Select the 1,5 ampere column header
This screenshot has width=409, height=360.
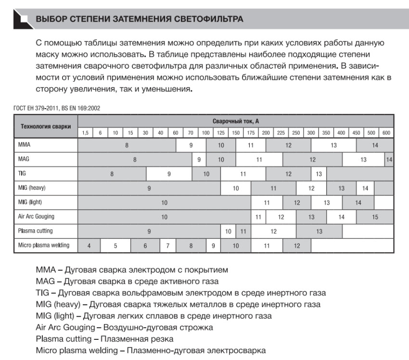pos(85,133)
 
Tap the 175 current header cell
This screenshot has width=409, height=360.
pos(251,133)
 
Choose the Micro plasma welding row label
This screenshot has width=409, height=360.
pos(44,245)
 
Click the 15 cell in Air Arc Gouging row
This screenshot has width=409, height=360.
pos(375,217)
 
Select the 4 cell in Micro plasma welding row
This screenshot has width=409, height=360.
pos(89,246)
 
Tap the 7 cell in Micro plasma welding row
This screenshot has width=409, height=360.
pos(167,246)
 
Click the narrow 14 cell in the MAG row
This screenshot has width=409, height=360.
pos(389,159)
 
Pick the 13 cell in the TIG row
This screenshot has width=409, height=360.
pos(319,174)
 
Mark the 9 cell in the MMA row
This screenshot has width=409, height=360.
pos(191,145)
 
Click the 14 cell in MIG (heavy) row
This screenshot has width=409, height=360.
pos(365,188)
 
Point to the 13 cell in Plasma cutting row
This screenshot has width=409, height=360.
pos(319,231)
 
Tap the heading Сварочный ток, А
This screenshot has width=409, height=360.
pos(236,121)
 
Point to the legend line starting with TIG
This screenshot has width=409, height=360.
pos(180,292)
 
